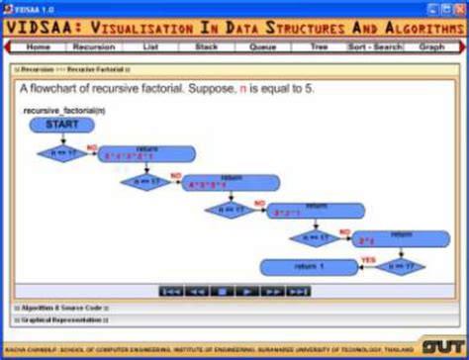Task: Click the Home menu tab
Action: (x=39, y=46)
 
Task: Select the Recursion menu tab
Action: (x=94, y=46)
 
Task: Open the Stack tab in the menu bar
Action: (x=206, y=46)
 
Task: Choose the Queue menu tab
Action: (x=262, y=46)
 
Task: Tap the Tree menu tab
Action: (x=319, y=46)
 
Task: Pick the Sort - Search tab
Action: (x=375, y=46)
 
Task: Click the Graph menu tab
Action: (x=431, y=46)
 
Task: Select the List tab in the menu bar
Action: (x=150, y=46)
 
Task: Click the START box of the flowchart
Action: (x=61, y=126)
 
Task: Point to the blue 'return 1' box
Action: (x=307, y=267)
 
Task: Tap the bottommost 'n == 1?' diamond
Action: (x=402, y=267)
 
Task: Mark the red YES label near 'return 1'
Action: (x=368, y=260)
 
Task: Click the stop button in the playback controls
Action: (x=224, y=292)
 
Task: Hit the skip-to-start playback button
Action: (x=171, y=292)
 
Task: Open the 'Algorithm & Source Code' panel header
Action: (x=59, y=308)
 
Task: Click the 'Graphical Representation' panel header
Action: (x=59, y=319)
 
